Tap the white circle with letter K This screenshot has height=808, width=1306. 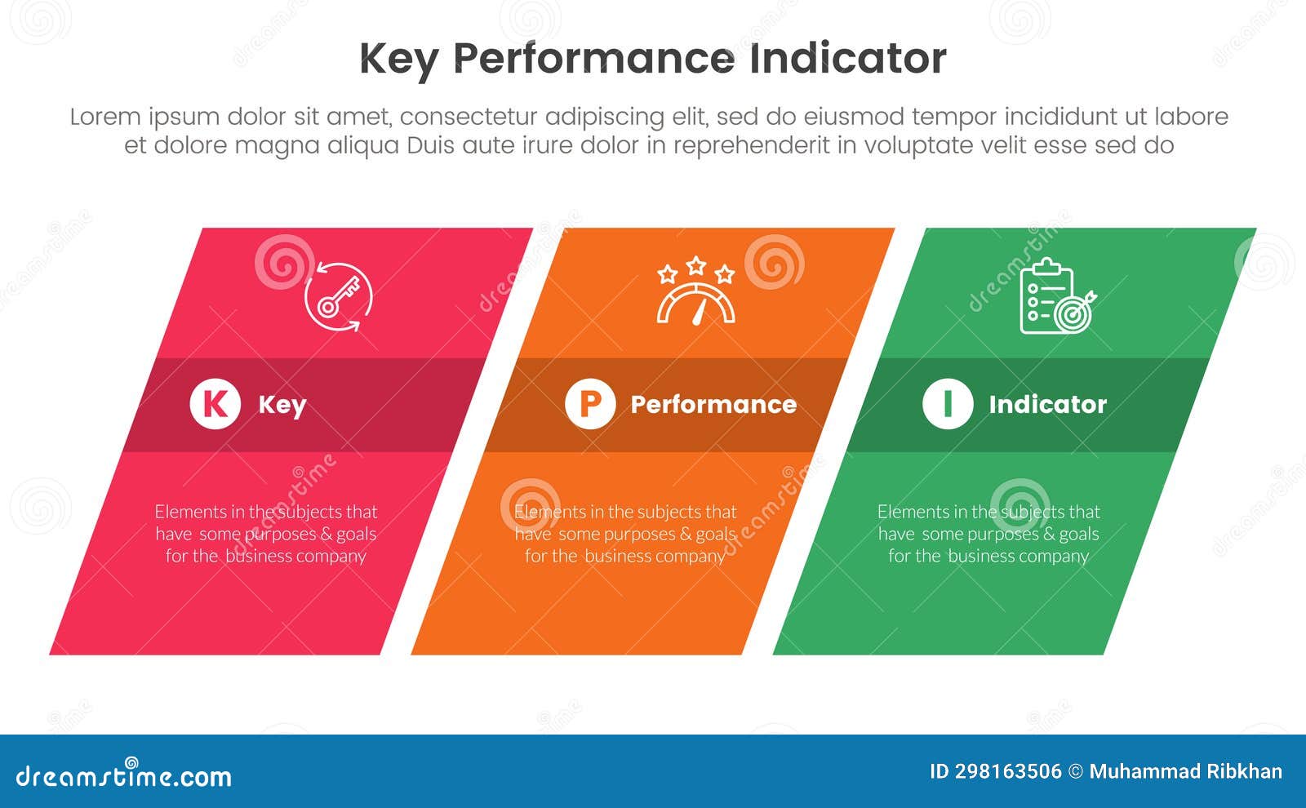(215, 403)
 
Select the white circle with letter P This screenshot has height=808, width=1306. (589, 403)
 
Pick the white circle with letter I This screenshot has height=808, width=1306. (947, 403)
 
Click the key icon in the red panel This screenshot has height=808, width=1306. (338, 295)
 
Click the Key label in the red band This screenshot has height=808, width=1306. (282, 404)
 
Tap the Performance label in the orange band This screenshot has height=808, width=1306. (713, 404)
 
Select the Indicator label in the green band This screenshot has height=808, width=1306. (1047, 404)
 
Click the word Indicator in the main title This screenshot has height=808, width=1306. (847, 59)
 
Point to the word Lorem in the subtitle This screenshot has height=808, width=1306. (104, 117)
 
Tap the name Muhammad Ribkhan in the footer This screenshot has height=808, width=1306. (1185, 771)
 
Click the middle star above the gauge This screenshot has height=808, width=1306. (696, 264)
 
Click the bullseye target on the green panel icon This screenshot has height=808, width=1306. (1073, 313)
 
